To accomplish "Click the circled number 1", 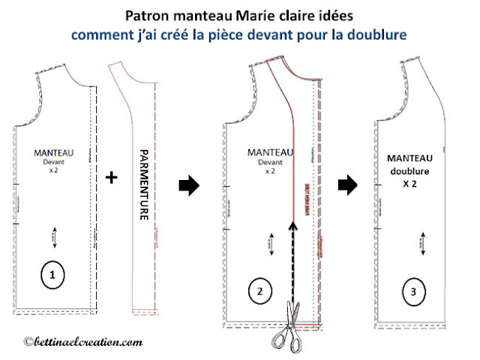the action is pos(52,276).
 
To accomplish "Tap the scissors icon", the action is pos(288,328).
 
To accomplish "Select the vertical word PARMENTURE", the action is pos(146,183).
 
